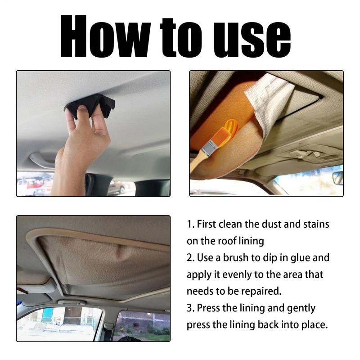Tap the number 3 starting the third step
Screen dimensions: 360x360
pyautogui.click(x=189, y=308)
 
